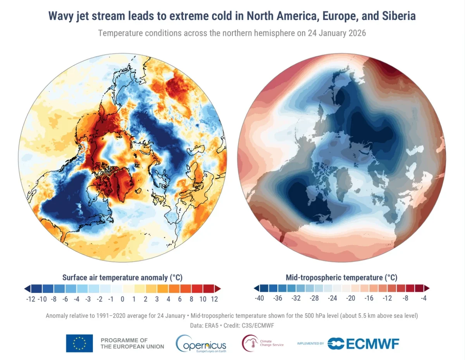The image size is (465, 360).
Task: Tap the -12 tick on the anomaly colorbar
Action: coord(31,299)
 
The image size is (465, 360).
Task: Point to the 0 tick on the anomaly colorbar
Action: coord(122,299)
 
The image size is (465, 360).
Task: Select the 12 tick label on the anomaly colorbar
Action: coord(214,299)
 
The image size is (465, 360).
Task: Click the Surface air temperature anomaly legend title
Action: coord(122,278)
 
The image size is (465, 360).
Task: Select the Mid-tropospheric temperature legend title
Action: coord(341,278)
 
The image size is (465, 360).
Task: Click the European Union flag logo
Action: coord(79,343)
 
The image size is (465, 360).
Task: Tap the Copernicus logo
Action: coord(201,343)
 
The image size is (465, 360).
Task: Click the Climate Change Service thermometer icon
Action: coord(249,343)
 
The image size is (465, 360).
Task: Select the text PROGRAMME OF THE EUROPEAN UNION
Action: coord(132,343)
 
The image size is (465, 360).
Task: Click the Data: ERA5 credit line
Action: coord(232,326)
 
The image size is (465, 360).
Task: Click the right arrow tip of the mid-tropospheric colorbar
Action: coord(428,288)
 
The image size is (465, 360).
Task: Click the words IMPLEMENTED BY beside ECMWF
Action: coord(310,343)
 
